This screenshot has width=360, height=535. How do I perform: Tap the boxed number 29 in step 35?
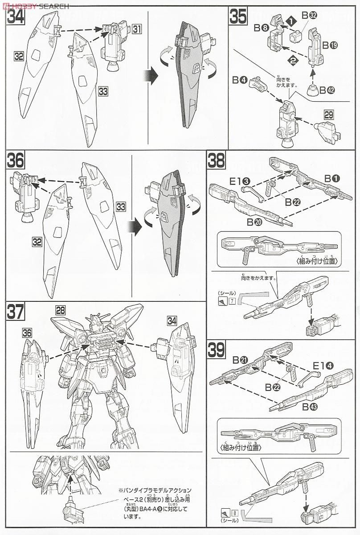click(329, 115)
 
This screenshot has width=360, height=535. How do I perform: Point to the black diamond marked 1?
click(291, 21)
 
